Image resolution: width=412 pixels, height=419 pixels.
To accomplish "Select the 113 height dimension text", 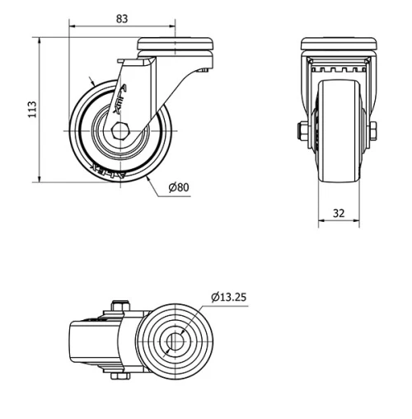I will point(31,110).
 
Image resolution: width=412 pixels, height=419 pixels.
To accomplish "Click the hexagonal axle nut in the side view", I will point(120,130).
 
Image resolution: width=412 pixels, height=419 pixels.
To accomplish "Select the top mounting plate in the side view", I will point(176,44).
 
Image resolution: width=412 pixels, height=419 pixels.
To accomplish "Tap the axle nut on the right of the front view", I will point(373,130).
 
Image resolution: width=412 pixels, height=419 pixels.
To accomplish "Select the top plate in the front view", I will point(338,44).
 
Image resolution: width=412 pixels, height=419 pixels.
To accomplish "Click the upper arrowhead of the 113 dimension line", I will point(40,41).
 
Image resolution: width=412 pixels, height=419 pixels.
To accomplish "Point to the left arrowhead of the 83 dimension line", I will point(73,26).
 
